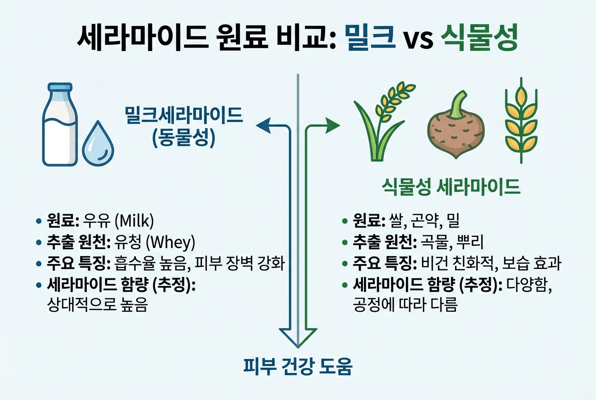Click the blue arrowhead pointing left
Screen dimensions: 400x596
[x=262, y=125]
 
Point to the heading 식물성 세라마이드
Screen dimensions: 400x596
[x=450, y=187]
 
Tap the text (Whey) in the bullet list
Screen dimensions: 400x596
[x=170, y=242]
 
